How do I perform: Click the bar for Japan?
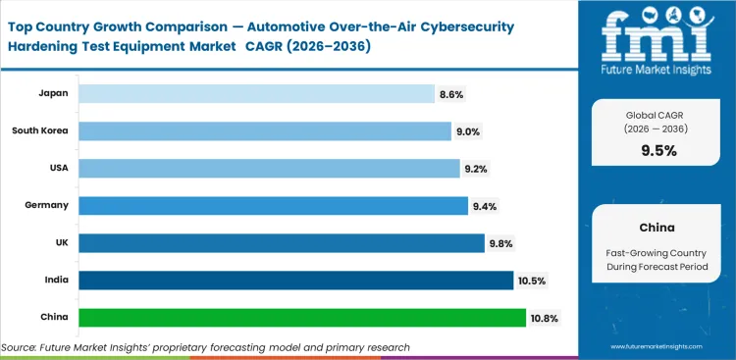256,93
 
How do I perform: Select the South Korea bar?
265,130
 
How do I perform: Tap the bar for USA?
269,168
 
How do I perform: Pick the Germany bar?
273,205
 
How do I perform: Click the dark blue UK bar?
282,242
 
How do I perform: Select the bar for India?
295,281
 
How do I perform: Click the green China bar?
302,318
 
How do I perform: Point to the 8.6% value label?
452,94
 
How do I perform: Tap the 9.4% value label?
486,206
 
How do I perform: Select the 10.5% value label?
531,282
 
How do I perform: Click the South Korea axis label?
40,130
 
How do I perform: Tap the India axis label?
56,281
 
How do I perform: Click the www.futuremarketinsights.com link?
662,347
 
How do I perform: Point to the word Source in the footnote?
22,347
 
